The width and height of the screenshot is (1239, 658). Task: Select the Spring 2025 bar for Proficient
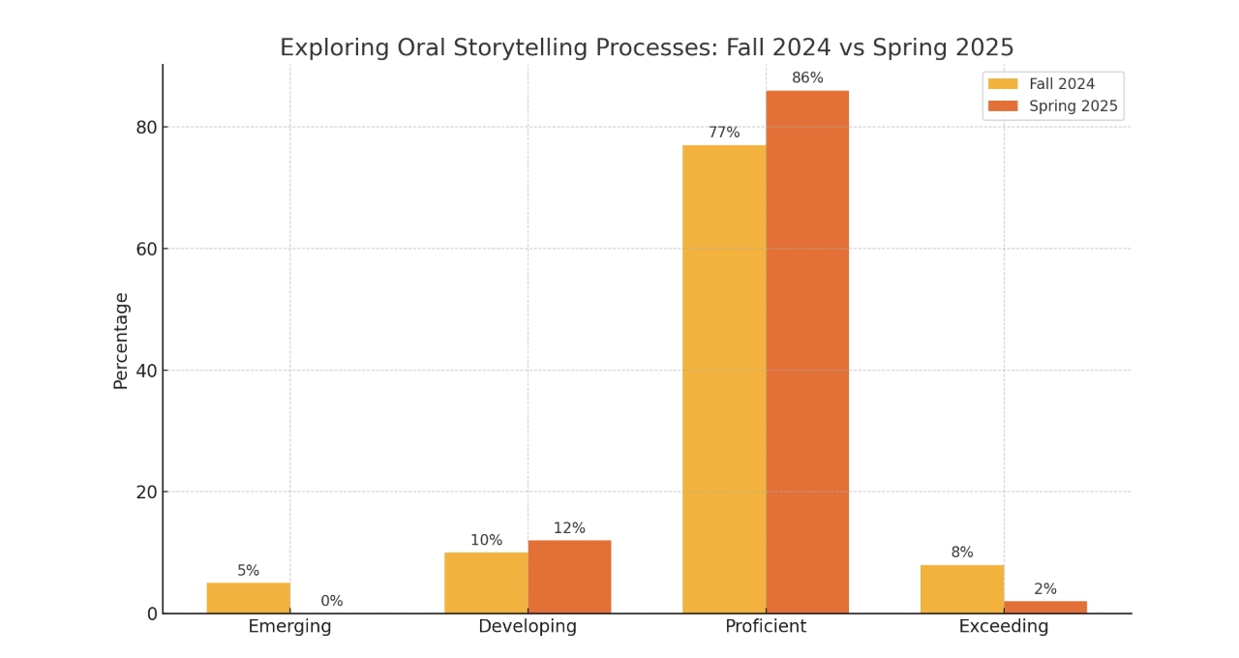point(807,352)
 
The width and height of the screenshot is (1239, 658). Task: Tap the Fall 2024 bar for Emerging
point(248,598)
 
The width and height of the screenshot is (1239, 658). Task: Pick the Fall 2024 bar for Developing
point(486,583)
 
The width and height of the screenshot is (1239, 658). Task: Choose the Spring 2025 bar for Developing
point(569,577)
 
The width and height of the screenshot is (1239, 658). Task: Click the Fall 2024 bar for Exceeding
point(962,589)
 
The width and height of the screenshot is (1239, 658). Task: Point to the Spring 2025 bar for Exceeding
point(1045,607)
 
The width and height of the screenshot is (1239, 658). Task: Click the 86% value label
point(807,78)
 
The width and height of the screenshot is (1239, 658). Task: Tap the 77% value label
point(724,133)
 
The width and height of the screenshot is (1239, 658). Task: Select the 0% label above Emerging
point(332,601)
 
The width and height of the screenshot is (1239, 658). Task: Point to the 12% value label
point(569,528)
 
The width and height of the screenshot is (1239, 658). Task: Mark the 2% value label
point(1045,589)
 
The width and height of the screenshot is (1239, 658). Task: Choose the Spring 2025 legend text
point(1073,106)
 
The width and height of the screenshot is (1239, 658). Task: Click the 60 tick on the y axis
point(144,249)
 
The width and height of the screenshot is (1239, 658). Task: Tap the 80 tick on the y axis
point(144,127)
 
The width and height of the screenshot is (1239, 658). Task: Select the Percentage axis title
point(121,341)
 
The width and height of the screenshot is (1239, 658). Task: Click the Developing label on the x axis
point(528,627)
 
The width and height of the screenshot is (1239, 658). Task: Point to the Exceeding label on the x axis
point(1004,627)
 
